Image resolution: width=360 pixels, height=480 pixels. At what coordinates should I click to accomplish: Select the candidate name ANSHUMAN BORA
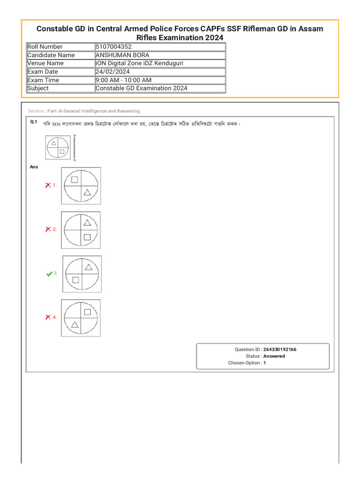point(122,55)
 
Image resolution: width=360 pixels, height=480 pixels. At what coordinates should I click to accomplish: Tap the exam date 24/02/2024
point(112,72)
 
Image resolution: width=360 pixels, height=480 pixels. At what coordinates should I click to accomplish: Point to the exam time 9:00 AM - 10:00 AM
point(123,80)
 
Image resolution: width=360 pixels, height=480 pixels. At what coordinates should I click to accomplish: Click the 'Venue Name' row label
point(45,63)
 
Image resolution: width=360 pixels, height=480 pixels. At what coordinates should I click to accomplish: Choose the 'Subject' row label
point(38,88)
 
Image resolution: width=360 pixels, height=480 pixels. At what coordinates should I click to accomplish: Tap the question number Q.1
point(33,122)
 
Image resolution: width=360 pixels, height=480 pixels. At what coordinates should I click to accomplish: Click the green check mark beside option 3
point(49,274)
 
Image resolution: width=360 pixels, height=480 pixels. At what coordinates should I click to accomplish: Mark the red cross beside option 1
point(48,185)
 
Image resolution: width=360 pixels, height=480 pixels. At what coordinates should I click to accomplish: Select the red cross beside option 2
point(48,229)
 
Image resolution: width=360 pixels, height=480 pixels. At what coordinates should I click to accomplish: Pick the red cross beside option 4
point(48,317)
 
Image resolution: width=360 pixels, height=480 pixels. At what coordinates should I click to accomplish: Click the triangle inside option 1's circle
point(87,192)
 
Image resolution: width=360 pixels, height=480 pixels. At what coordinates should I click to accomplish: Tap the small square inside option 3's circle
point(76,280)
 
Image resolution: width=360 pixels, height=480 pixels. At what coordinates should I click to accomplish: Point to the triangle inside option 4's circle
point(74,324)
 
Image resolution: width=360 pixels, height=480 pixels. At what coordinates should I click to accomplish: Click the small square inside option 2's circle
point(87,237)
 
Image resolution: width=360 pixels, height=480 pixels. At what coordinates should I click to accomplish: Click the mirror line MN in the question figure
point(74,148)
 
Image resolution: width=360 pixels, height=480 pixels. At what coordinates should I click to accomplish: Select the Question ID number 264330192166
point(279,350)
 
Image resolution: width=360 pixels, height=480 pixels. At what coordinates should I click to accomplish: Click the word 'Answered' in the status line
point(274,356)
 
